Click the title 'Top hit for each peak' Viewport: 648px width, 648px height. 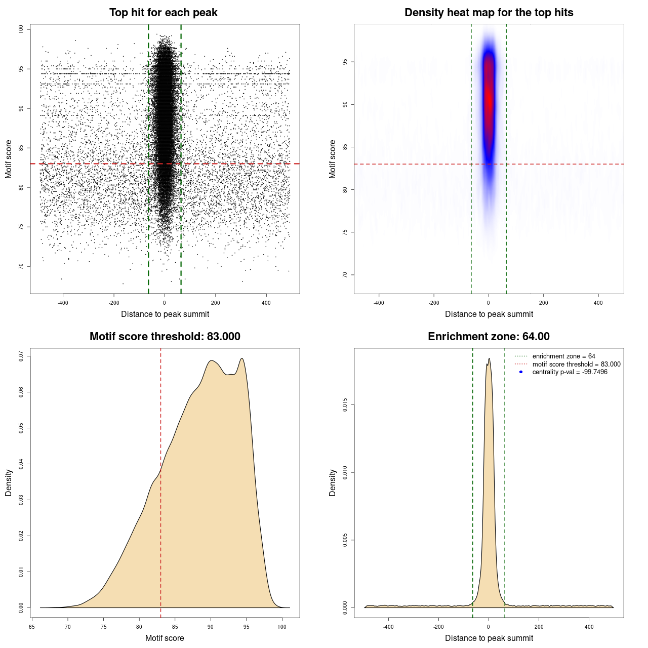(x=164, y=13)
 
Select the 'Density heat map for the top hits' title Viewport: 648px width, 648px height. (x=489, y=13)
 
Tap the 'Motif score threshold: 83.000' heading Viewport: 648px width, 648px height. (x=165, y=337)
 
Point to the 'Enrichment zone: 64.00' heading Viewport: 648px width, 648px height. (x=489, y=337)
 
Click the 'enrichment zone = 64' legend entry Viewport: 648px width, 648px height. (x=563, y=356)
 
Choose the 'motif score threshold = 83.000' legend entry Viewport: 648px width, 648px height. (x=576, y=364)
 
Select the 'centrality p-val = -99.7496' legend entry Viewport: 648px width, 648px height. (x=570, y=372)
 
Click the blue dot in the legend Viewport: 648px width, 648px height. (x=521, y=372)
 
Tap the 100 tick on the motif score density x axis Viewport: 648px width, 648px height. (x=282, y=627)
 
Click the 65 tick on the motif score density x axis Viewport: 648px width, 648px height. (x=32, y=627)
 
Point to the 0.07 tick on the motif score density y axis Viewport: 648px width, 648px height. (x=21, y=356)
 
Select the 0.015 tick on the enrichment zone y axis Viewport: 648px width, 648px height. (x=345, y=404)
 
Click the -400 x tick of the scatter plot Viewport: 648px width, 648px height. (x=63, y=303)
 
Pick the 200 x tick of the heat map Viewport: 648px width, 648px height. (x=543, y=303)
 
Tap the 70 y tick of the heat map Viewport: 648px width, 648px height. (x=345, y=275)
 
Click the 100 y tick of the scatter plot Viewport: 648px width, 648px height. (x=21, y=29)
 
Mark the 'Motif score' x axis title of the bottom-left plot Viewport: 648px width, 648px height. (x=165, y=638)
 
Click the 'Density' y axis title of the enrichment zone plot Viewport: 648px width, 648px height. (x=333, y=482)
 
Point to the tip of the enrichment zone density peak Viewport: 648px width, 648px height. (x=489, y=359)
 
